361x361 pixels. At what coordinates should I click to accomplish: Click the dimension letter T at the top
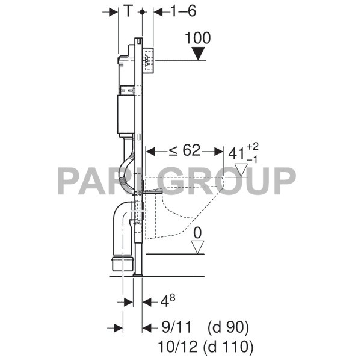129,11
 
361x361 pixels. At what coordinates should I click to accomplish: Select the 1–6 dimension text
184,11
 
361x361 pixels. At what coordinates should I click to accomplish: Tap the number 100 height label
198,38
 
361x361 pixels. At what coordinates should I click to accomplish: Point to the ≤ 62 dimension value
185,151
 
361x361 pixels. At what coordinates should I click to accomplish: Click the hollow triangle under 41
241,170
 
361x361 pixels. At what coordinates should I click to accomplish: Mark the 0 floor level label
197,233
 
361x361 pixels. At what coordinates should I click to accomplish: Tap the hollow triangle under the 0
197,247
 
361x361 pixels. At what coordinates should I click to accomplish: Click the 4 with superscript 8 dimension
168,301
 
